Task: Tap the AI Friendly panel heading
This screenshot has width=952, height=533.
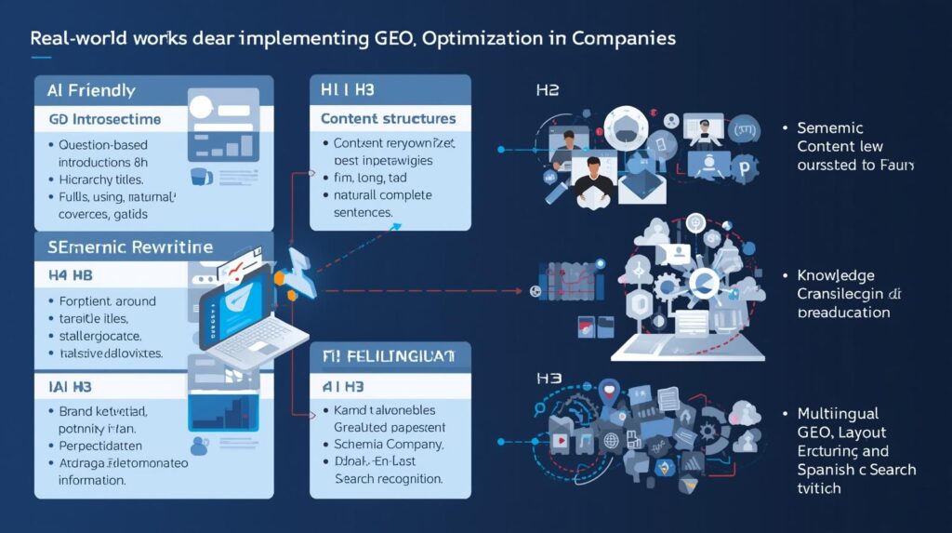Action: coord(91,91)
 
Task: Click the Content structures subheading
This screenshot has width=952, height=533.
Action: coord(388,119)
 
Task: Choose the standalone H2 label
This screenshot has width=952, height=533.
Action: coord(547,91)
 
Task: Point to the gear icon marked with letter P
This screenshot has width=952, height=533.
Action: coord(743,169)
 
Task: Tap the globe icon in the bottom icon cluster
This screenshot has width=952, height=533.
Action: coord(612,440)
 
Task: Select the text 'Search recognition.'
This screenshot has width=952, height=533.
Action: coord(388,479)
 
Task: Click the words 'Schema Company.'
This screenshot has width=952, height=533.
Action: coord(389,445)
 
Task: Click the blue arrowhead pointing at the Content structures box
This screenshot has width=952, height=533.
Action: coord(314,172)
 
